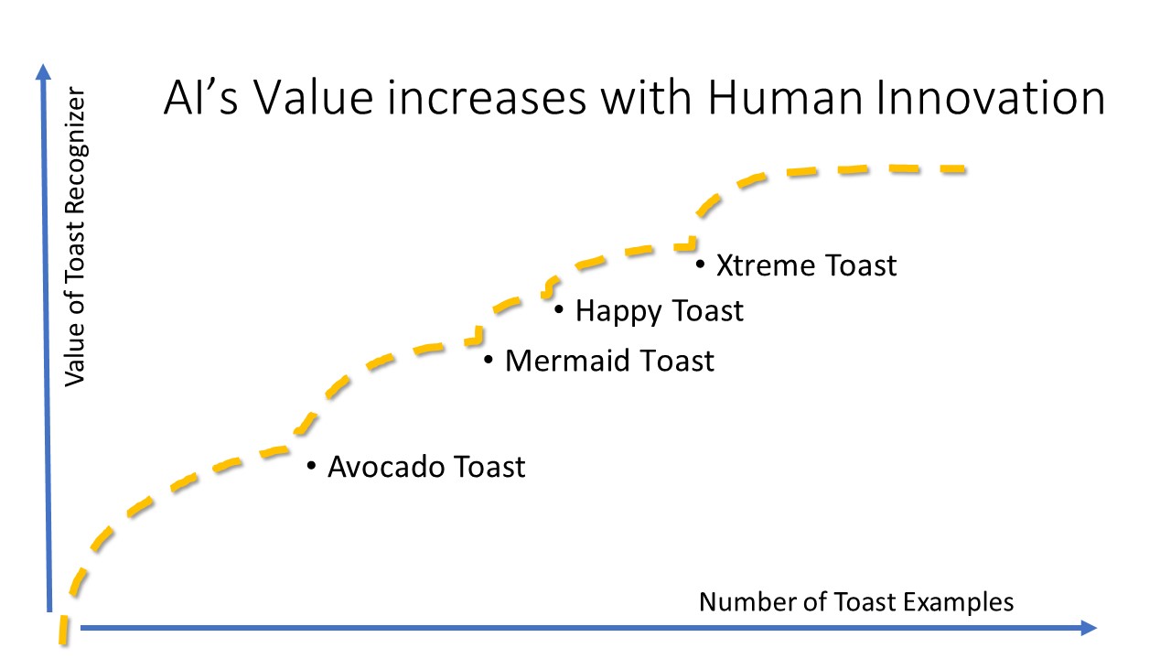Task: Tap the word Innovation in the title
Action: (x=990, y=98)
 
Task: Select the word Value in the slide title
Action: (x=313, y=98)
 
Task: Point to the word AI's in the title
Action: (x=201, y=98)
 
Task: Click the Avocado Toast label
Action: (x=426, y=467)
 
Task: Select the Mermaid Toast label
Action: (x=609, y=361)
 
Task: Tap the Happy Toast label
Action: (x=660, y=312)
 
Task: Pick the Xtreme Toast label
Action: (x=806, y=265)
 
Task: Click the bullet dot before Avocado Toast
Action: (x=312, y=465)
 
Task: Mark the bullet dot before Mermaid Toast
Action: (x=489, y=360)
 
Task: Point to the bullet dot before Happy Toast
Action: (x=559, y=309)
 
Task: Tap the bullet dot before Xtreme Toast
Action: (x=701, y=265)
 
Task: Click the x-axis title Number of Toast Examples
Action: (x=856, y=602)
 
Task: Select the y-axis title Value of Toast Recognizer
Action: (x=76, y=236)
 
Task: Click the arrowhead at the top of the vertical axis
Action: (x=43, y=71)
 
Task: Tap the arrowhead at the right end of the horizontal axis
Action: (x=1089, y=628)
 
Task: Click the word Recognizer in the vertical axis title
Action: (x=76, y=150)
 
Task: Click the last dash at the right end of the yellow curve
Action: (x=952, y=169)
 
